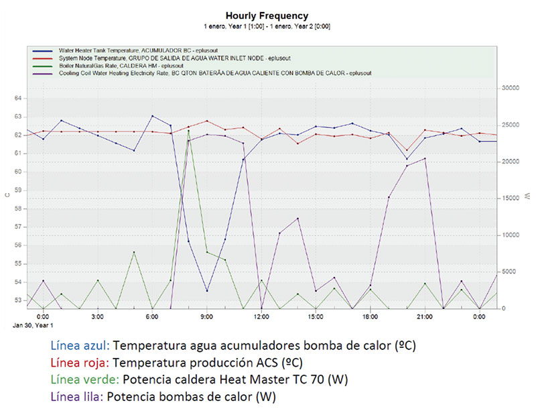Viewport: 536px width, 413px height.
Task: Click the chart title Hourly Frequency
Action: pyautogui.click(x=267, y=15)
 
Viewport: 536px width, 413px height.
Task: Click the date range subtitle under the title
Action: pyautogui.click(x=267, y=26)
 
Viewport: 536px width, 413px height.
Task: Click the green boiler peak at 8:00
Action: pyautogui.click(x=189, y=130)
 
